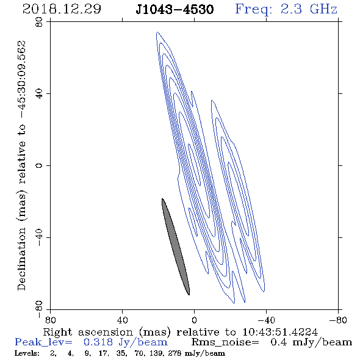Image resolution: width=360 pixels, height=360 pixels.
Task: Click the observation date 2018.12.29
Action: (x=62, y=9)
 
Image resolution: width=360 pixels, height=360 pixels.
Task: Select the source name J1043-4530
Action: (x=175, y=10)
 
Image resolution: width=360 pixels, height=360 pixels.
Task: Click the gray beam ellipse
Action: (x=176, y=247)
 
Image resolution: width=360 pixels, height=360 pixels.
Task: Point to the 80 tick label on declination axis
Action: (x=39, y=22)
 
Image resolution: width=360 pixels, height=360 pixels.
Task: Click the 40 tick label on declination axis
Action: (x=39, y=94)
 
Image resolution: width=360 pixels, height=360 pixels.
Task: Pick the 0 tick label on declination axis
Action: (x=39, y=165)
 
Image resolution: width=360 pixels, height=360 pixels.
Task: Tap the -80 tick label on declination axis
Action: (x=39, y=309)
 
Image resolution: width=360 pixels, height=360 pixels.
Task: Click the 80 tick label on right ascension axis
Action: (x=50, y=320)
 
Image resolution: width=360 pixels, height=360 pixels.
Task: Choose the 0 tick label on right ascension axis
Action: (x=194, y=320)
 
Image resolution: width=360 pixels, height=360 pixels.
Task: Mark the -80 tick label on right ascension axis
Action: (x=338, y=320)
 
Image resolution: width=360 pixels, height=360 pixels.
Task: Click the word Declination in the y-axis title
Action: (x=21, y=259)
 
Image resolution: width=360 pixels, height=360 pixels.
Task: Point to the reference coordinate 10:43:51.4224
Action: (x=280, y=332)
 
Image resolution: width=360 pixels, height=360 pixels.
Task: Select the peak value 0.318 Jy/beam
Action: (x=125, y=342)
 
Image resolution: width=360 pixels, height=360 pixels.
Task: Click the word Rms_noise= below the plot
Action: (x=225, y=342)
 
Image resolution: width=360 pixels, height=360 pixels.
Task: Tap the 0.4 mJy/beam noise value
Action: (x=311, y=342)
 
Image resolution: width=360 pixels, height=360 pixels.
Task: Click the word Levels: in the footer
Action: (x=27, y=353)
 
